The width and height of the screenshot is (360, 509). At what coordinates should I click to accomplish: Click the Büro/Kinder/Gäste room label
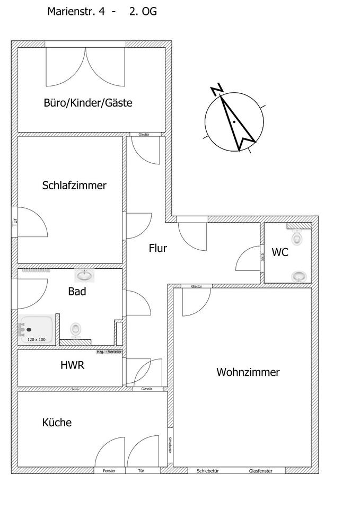coord(87,103)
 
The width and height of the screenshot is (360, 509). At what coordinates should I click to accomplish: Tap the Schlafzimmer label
coord(74,186)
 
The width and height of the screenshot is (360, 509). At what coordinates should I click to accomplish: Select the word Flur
coord(158,248)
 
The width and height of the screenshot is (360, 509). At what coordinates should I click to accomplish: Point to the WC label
coord(280,252)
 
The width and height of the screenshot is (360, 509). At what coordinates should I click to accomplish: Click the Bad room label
coord(77,291)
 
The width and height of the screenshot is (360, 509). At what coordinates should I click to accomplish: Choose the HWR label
coord(73,365)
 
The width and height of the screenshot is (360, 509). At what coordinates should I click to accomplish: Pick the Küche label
coord(57,423)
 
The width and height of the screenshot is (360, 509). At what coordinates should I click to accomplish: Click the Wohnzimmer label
coord(248,372)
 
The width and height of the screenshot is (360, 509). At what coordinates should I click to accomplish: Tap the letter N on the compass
coord(216,90)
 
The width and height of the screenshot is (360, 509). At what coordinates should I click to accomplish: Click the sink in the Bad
coord(84,275)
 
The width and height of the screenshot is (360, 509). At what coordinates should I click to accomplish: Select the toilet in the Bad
coord(76,330)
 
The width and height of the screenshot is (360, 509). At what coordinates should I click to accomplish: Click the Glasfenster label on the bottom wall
coord(260,471)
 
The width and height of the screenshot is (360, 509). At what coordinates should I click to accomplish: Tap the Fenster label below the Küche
coord(109,471)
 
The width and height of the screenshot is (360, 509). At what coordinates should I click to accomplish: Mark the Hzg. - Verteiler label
coord(109,352)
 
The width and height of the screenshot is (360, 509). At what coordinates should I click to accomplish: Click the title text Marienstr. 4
coord(76,11)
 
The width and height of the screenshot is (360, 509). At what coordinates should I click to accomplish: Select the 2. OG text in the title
coord(143,11)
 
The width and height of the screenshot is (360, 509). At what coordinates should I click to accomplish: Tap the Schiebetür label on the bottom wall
coord(208,471)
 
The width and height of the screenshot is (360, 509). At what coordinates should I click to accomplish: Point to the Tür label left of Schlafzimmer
coord(14,223)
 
